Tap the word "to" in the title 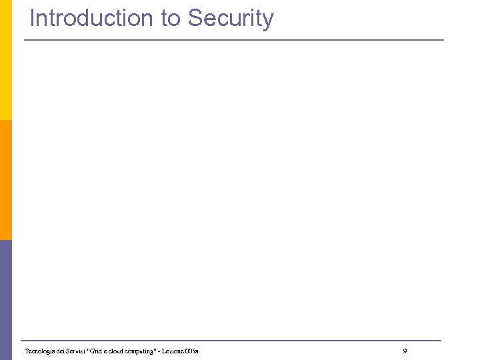click(x=170, y=19)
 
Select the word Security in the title click(x=231, y=19)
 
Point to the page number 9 click(x=405, y=351)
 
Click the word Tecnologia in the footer click(x=39, y=351)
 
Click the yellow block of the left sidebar click(x=5, y=60)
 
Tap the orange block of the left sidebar click(x=5, y=180)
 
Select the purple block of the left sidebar click(x=5, y=300)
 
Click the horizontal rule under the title click(x=233, y=40)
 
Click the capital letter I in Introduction click(x=32, y=19)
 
